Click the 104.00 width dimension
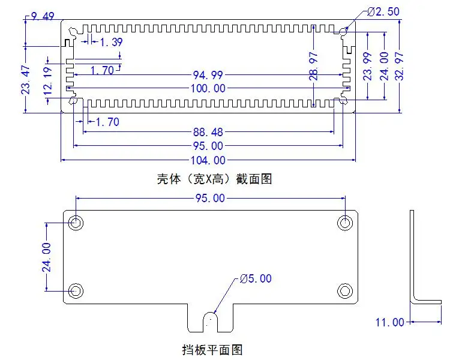[x=208, y=160]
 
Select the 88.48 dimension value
[x=208, y=132]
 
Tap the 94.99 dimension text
[x=208, y=75]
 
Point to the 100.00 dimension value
[x=208, y=88]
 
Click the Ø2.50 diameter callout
[x=383, y=12]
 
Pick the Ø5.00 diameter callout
[x=256, y=278]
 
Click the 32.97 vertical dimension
[x=399, y=66]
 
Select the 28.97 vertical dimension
[x=313, y=66]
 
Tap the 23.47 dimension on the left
[x=26, y=80]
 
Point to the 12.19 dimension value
[x=47, y=81]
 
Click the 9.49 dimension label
[x=43, y=16]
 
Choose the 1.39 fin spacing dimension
[x=111, y=42]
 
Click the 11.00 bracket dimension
[x=390, y=322]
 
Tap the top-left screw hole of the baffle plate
[x=76, y=223]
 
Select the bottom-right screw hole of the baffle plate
[x=344, y=291]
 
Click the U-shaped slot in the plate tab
[x=211, y=322]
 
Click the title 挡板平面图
[x=212, y=350]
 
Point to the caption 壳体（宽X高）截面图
[x=214, y=179]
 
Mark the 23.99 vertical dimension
[x=368, y=66]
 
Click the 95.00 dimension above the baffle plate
[x=210, y=198]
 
